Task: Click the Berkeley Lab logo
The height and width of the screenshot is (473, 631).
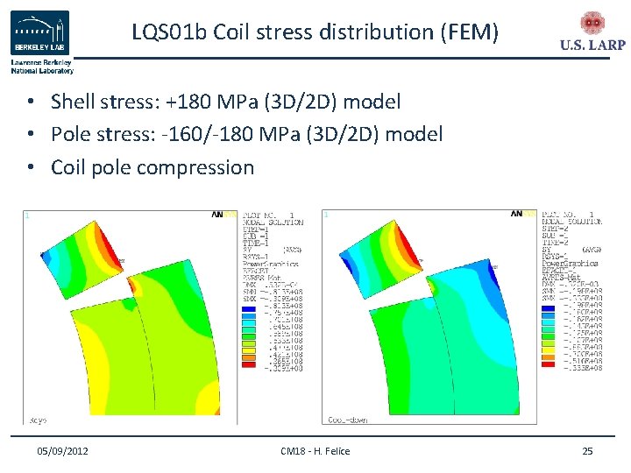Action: (39, 33)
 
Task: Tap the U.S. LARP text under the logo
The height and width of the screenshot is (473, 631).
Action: (592, 46)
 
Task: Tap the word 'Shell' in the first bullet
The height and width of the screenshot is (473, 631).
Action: (74, 102)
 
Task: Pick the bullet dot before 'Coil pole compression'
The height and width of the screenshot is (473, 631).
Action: (30, 167)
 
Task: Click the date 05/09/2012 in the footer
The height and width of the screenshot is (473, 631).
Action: (62, 450)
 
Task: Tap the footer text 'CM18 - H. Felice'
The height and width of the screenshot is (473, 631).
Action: (315, 450)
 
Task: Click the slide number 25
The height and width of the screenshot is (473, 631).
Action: (587, 450)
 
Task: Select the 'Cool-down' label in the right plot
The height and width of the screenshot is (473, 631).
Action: (347, 419)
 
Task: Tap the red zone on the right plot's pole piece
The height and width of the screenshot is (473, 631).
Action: (409, 236)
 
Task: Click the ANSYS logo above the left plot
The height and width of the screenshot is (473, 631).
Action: (223, 214)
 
